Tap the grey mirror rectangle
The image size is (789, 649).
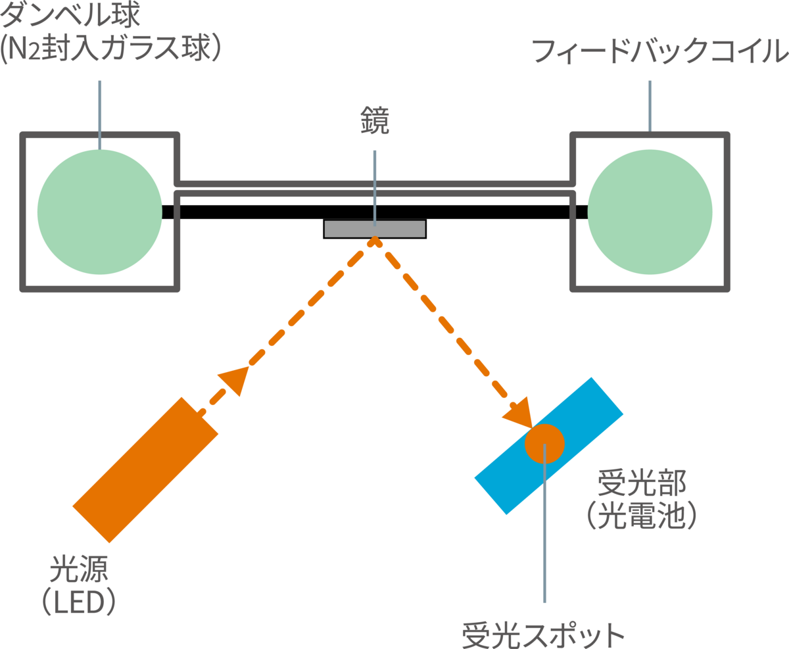pyautogui.click(x=348, y=229)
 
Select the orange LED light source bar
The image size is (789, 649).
pyautogui.click(x=145, y=470)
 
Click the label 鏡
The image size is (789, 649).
pyautogui.click(x=375, y=120)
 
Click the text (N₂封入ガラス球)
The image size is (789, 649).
pyautogui.click(x=110, y=47)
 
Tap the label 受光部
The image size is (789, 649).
pyautogui.click(x=642, y=483)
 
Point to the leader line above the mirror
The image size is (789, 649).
pyautogui.click(x=375, y=184)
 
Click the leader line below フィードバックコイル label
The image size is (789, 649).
pyautogui.click(x=650, y=105)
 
